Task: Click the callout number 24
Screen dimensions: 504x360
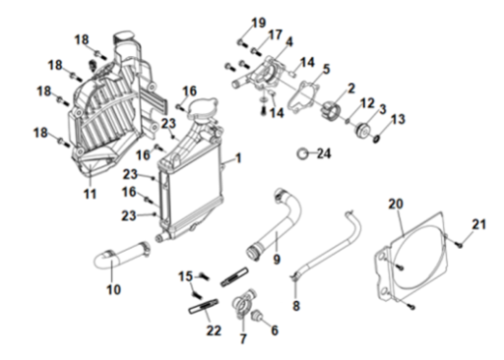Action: tap(324, 153)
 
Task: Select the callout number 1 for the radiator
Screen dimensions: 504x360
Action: tap(238, 158)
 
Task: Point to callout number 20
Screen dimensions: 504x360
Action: tap(396, 204)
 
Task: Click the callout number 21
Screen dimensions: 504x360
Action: tap(478, 224)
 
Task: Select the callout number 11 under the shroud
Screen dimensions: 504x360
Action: tap(90, 194)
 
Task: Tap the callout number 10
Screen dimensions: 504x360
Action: tap(113, 289)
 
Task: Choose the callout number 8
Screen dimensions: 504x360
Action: tap(296, 306)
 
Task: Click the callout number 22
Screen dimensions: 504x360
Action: tap(214, 330)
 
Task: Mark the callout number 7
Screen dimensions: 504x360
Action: tap(243, 338)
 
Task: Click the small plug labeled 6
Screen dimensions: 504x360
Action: tap(256, 316)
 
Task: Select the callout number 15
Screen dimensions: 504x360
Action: tap(185, 276)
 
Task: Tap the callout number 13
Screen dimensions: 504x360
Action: tap(398, 119)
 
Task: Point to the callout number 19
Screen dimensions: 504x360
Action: tap(259, 23)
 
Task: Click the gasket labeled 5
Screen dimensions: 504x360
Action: tap(302, 95)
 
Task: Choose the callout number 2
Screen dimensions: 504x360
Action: tap(351, 89)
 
